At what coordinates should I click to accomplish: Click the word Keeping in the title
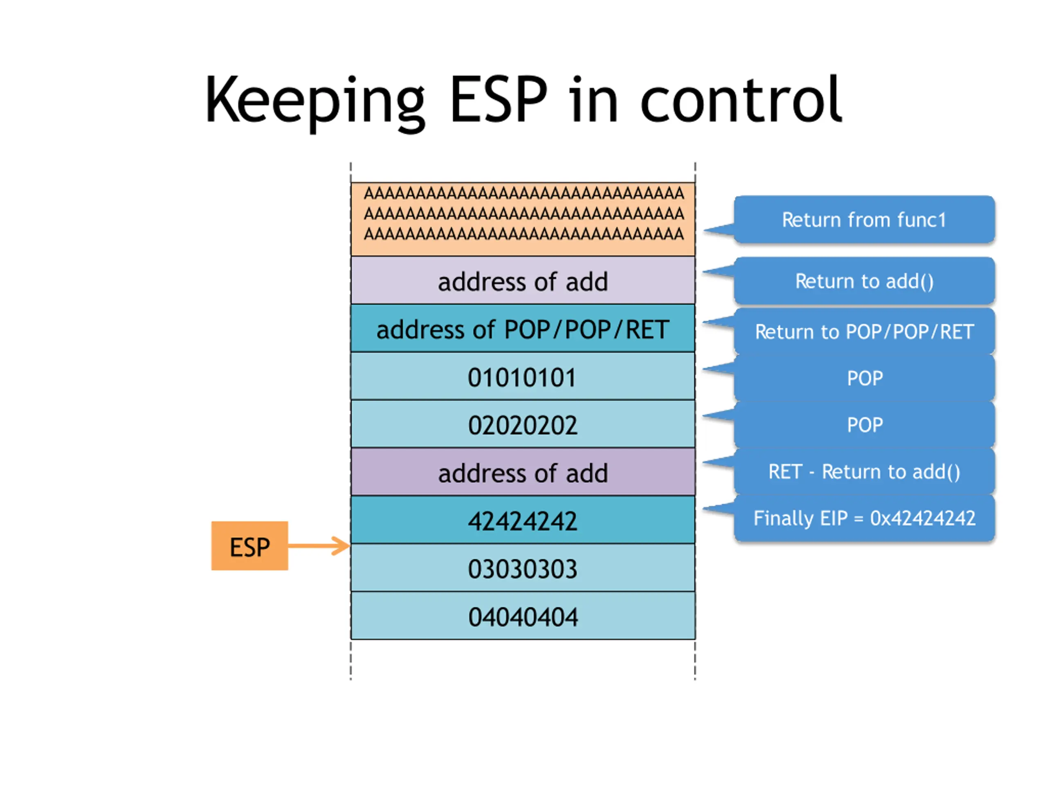[x=315, y=102]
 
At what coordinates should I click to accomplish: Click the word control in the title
[x=741, y=100]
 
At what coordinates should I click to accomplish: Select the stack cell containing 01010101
[x=523, y=376]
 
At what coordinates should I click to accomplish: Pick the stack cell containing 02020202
[x=523, y=424]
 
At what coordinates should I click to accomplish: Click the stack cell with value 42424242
[x=523, y=520]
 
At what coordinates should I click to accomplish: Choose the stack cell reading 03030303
[x=523, y=568]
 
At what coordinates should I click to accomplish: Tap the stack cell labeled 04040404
[x=523, y=616]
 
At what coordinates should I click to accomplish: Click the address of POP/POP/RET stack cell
[x=523, y=328]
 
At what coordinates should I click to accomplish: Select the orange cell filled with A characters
[x=523, y=219]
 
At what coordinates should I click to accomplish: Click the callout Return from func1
[x=864, y=220]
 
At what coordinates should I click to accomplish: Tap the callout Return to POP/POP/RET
[x=864, y=331]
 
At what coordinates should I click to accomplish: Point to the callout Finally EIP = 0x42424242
[x=864, y=518]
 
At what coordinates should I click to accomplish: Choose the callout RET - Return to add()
[x=864, y=471]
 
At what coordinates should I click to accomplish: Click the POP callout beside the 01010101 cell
[x=864, y=378]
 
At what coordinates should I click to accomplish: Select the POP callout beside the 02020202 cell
[x=864, y=424]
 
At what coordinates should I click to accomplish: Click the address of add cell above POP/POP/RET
[x=523, y=280]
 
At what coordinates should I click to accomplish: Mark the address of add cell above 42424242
[x=523, y=472]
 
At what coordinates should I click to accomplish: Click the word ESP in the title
[x=499, y=100]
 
